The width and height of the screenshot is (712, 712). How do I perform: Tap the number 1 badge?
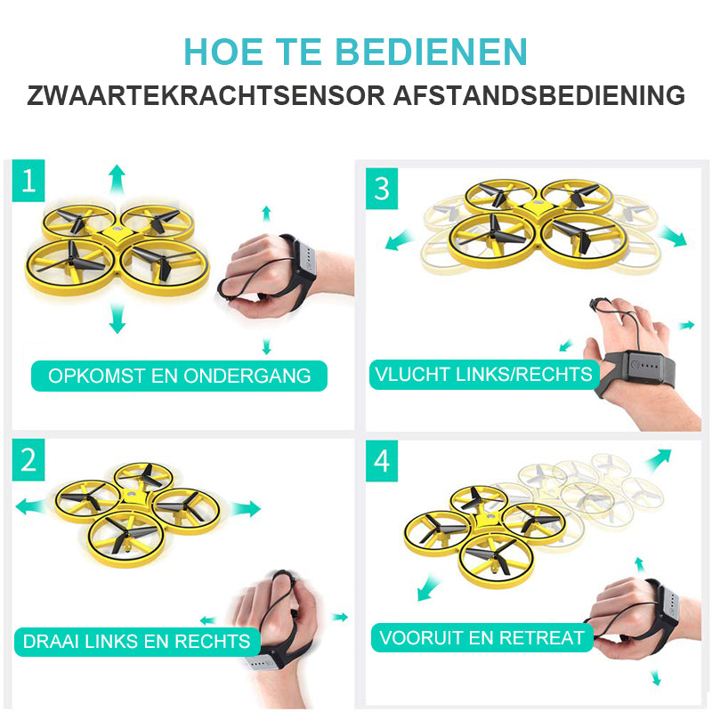[x=28, y=182]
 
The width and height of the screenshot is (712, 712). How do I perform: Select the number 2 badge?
[x=28, y=460]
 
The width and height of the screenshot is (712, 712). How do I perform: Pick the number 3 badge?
[x=382, y=189]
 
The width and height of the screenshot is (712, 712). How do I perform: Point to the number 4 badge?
[x=382, y=460]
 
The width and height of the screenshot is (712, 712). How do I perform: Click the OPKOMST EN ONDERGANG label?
[x=179, y=376]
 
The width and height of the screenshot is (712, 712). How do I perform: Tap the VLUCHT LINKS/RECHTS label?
[x=483, y=374]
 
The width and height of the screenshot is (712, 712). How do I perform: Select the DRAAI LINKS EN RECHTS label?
[x=137, y=641]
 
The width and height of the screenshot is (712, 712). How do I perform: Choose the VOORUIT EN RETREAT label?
[x=481, y=637]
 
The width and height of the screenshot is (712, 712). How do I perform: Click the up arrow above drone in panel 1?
[x=117, y=178]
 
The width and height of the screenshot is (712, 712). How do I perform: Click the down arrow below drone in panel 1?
[x=117, y=318]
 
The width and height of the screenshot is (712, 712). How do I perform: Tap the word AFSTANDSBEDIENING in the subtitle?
[x=539, y=95]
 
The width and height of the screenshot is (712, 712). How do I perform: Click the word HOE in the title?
[x=220, y=51]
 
